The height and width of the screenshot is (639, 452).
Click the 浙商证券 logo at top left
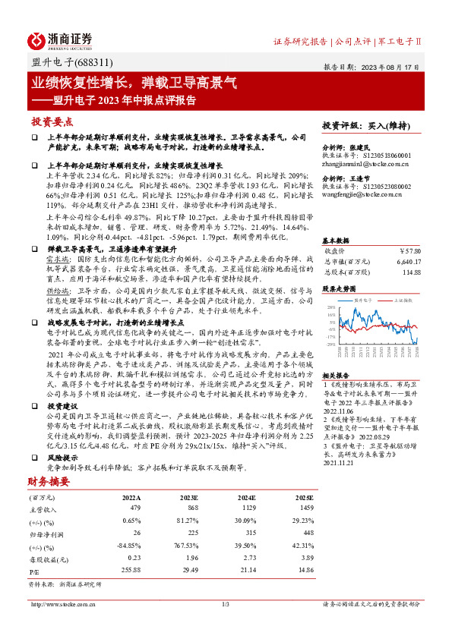pyautogui.click(x=60, y=39)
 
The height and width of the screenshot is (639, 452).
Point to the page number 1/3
pyautogui.click(x=226, y=604)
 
